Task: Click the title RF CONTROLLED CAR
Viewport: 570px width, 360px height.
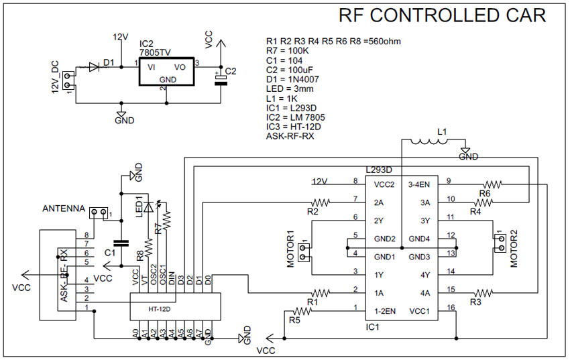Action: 442,15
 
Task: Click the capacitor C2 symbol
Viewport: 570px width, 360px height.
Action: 221,79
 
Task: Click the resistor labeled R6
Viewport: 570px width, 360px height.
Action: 493,183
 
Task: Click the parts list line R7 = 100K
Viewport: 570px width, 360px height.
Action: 287,50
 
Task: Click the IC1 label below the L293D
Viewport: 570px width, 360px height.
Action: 373,326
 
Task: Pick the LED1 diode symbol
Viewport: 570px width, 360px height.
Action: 149,206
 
